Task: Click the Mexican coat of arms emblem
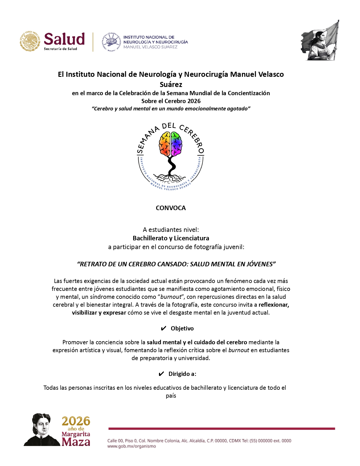coord(30,41)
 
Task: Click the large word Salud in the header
coord(64,39)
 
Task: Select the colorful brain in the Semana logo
coord(170,144)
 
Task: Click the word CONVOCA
coord(171,208)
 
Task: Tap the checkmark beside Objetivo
coord(163,328)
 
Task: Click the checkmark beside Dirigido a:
coord(161,374)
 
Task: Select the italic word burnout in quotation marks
coord(171,297)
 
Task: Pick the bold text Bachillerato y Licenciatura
coord(171,238)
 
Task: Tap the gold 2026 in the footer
coord(76,421)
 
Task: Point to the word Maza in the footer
coord(76,441)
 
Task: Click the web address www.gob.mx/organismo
coord(131,446)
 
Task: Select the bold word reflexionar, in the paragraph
coord(274,305)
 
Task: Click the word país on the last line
coord(171,396)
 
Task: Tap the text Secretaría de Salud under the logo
coord(60,49)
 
